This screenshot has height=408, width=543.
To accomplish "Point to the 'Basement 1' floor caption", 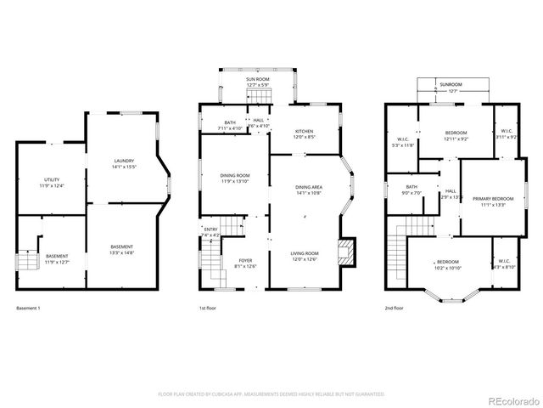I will click(29, 308).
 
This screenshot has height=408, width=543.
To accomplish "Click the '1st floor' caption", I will click(208, 308).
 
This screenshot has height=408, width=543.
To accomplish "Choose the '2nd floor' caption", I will click(395, 308).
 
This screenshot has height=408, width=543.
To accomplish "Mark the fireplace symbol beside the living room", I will click(345, 251).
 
